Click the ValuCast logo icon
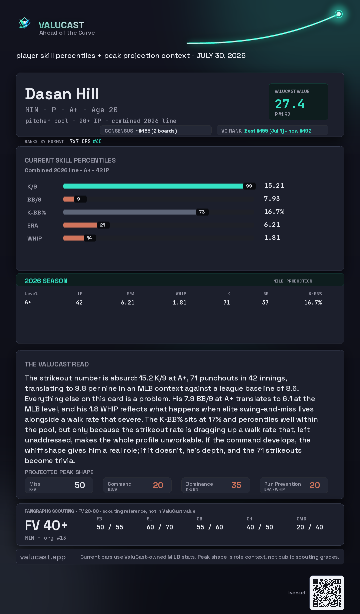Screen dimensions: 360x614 24,23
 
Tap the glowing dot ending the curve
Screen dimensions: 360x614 339,14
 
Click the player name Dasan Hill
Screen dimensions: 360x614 62,94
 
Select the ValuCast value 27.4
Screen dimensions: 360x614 289,104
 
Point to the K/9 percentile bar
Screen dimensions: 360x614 153,186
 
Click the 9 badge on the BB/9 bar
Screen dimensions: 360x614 79,199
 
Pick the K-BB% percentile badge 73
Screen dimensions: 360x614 202,212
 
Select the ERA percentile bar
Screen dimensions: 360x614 80,225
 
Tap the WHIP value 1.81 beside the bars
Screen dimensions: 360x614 272,238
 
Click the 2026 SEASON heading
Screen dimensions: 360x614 46,281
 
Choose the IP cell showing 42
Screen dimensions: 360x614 79,303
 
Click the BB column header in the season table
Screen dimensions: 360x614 266,294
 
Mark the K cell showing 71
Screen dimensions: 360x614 227,303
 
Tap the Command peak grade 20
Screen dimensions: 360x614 158,485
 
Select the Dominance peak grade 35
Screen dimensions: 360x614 236,485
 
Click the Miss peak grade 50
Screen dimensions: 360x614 80,485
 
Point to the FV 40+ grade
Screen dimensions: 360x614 46,525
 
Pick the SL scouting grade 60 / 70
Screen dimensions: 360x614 160,527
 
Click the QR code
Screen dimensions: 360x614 327,593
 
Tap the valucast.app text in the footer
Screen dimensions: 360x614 43,557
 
